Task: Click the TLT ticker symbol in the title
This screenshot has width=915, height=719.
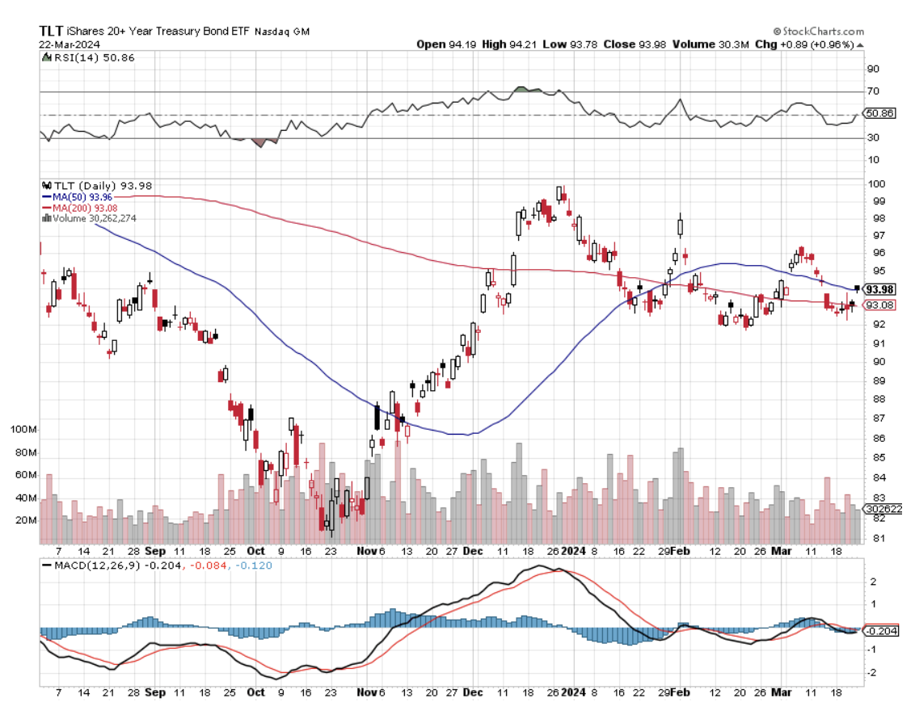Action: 53,30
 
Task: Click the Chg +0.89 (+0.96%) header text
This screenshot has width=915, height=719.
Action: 804,44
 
